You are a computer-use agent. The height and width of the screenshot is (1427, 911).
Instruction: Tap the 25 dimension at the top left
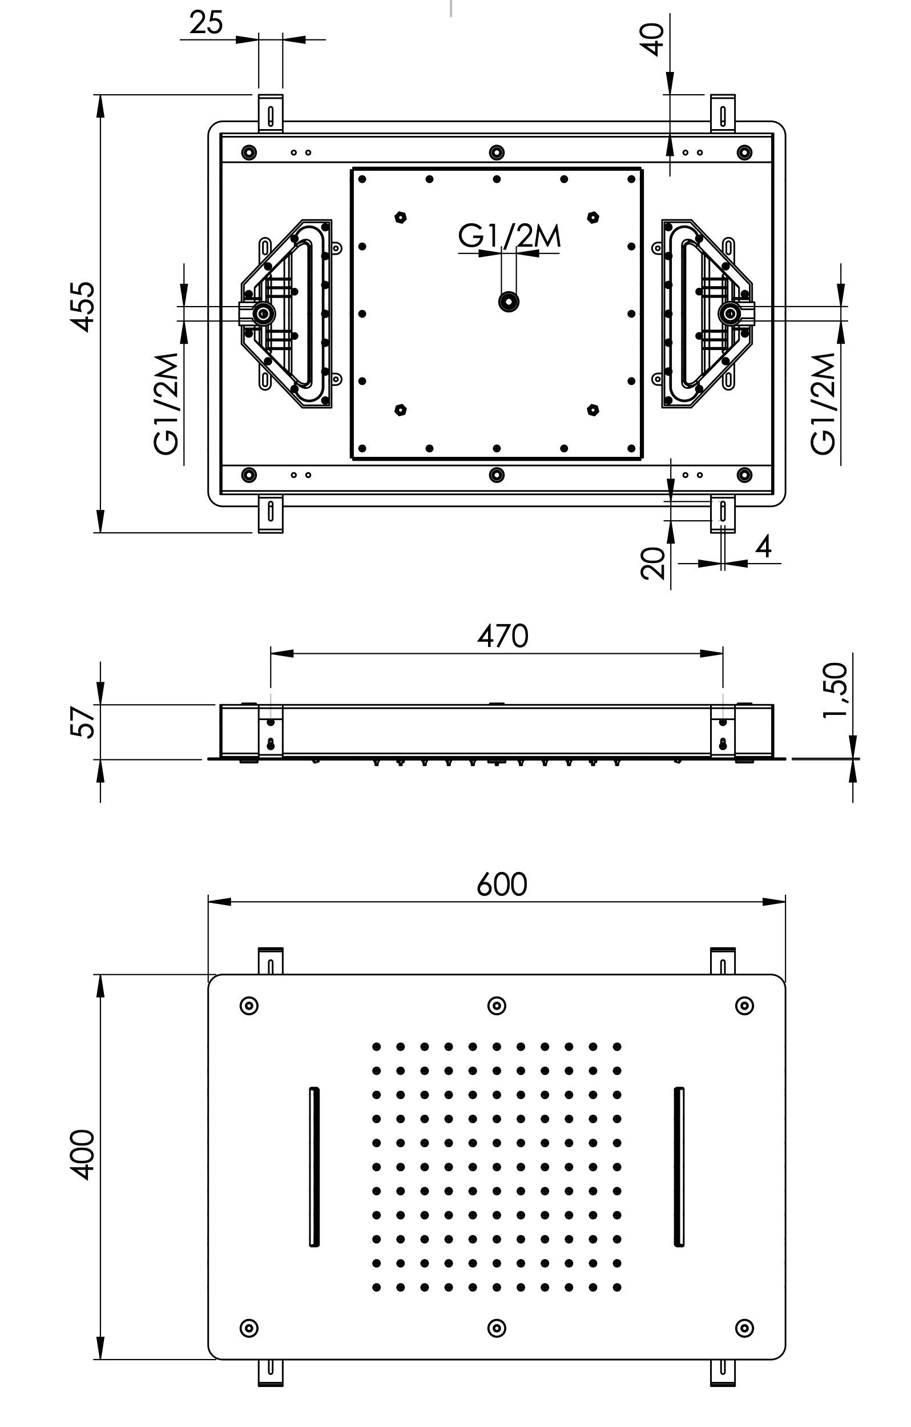click(x=205, y=23)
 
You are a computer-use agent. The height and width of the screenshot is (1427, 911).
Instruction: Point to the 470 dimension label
click(x=502, y=636)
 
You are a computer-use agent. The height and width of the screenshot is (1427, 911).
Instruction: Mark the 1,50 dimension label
click(x=835, y=690)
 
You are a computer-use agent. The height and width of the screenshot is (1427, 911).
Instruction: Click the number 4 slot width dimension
click(x=764, y=546)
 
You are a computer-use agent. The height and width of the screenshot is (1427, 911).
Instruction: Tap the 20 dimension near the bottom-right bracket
click(x=653, y=563)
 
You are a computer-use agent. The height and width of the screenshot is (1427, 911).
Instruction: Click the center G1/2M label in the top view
click(x=509, y=236)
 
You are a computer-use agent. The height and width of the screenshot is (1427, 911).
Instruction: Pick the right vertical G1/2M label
click(x=823, y=404)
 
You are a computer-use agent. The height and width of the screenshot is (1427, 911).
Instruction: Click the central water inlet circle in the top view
click(x=508, y=301)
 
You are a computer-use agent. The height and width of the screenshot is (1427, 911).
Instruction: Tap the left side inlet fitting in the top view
click(x=261, y=313)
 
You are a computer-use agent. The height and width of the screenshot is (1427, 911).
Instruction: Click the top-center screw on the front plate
click(x=497, y=1005)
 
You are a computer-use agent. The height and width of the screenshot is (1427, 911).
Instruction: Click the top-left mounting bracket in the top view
click(x=270, y=112)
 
